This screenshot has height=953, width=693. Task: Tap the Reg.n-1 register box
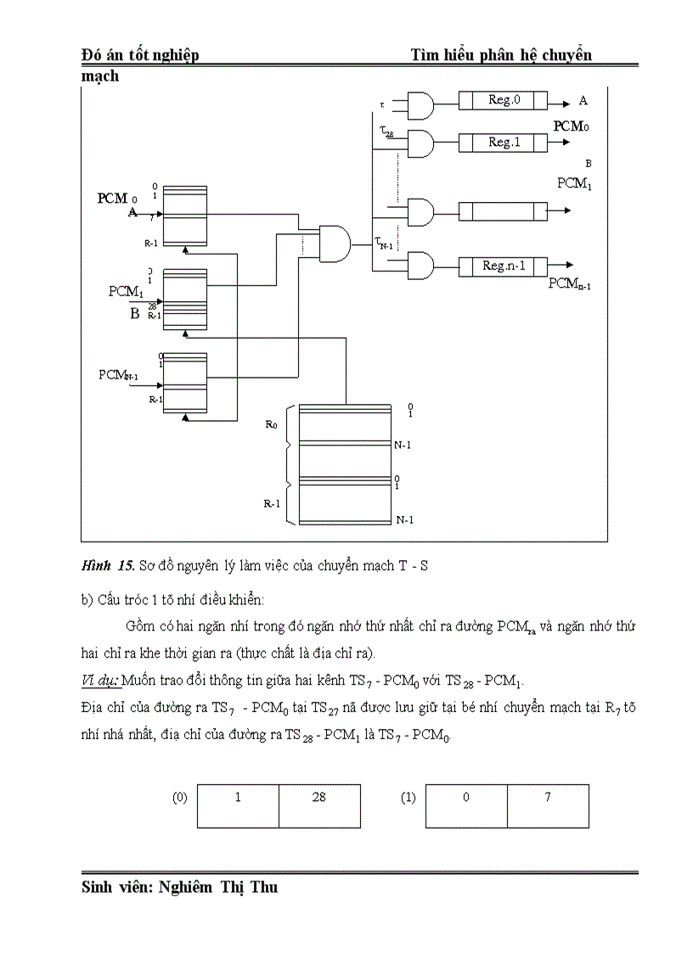point(503,266)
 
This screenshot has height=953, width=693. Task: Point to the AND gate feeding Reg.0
point(420,106)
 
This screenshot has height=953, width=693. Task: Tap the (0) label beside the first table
point(179,799)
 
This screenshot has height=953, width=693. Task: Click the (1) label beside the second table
point(408,799)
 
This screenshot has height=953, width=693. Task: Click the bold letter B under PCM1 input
point(134,314)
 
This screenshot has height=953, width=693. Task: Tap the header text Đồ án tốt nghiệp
point(140,55)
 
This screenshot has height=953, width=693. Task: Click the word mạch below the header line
point(100,76)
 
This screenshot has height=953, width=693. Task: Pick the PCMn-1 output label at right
point(569,284)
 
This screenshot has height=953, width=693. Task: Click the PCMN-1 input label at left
point(118,374)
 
